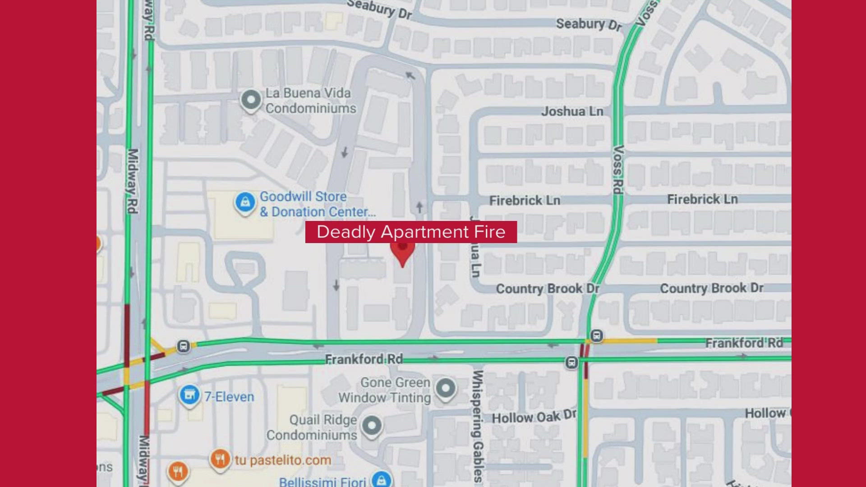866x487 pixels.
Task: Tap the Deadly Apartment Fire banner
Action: (x=411, y=232)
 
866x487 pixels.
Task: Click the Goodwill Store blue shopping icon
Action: (x=245, y=203)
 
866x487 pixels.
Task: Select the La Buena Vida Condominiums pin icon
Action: (x=251, y=100)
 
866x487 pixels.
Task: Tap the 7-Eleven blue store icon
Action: (x=189, y=395)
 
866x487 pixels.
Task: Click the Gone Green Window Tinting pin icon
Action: (x=446, y=388)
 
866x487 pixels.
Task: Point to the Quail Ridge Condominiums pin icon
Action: (x=372, y=425)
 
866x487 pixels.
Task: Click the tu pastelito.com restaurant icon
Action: (x=220, y=459)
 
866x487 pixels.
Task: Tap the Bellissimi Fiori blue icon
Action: (x=382, y=480)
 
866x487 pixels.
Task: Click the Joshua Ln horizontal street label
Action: (x=572, y=111)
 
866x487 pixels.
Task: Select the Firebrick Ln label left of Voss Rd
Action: (x=525, y=200)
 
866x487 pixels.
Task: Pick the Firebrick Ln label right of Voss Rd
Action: (x=702, y=199)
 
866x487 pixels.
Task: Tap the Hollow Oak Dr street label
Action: (x=534, y=417)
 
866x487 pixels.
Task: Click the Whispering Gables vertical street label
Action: (x=478, y=426)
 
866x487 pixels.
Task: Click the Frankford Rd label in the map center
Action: (x=364, y=359)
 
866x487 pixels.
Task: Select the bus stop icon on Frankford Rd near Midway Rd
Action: (x=183, y=346)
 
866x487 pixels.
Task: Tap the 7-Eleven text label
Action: (x=229, y=397)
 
